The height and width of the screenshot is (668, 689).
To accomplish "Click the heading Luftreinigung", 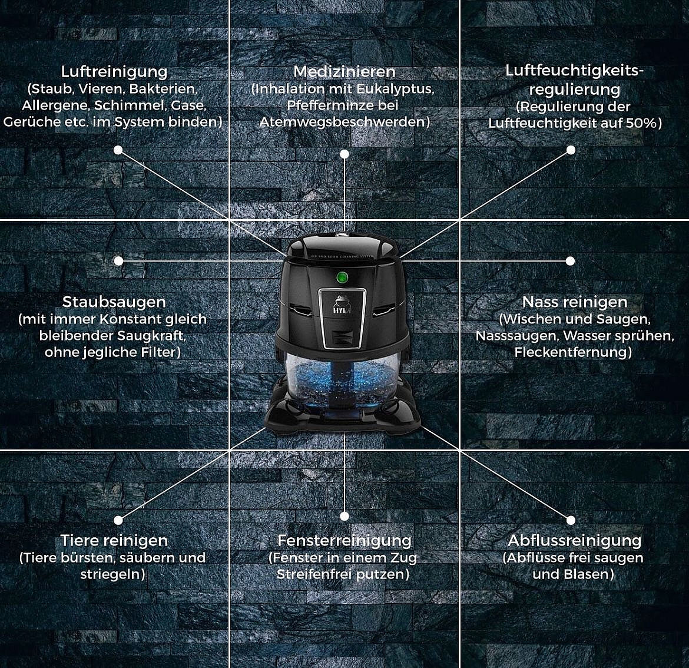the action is click(x=114, y=72).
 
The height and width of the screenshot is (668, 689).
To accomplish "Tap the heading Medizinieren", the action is click(x=344, y=71).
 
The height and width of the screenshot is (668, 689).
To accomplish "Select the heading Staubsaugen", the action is click(x=114, y=302).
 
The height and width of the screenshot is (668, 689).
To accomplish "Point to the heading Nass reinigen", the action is click(x=575, y=302).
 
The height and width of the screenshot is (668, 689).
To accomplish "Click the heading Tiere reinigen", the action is click(x=114, y=541).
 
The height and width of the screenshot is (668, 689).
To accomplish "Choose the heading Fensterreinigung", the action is click(x=344, y=541).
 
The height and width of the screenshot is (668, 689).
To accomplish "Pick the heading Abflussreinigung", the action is click(x=575, y=541).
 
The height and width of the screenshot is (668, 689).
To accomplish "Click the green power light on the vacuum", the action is click(x=342, y=277).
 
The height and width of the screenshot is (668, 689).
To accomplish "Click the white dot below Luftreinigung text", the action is click(x=118, y=150).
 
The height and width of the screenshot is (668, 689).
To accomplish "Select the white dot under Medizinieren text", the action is click(x=344, y=154).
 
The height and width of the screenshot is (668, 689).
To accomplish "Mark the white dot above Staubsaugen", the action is click(x=118, y=260).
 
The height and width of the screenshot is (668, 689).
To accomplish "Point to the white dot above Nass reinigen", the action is click(x=570, y=260).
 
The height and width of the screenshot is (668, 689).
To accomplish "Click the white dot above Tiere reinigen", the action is click(x=118, y=520).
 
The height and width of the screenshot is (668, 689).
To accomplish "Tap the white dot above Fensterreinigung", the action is click(x=344, y=516).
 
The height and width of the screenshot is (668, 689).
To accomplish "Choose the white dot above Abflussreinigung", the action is click(x=571, y=520).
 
